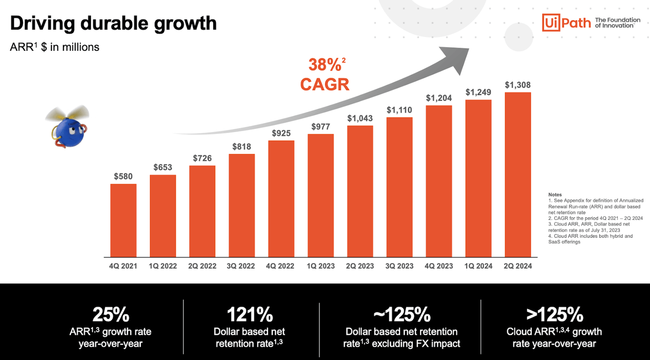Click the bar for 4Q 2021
[123, 220]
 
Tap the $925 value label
[281, 133]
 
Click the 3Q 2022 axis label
[242, 266]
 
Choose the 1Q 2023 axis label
[320, 266]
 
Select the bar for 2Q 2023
[360, 191]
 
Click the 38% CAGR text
[324, 74]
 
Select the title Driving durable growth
[113, 23]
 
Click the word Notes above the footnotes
[555, 195]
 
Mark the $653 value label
[163, 168]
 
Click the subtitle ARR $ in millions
[54, 47]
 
